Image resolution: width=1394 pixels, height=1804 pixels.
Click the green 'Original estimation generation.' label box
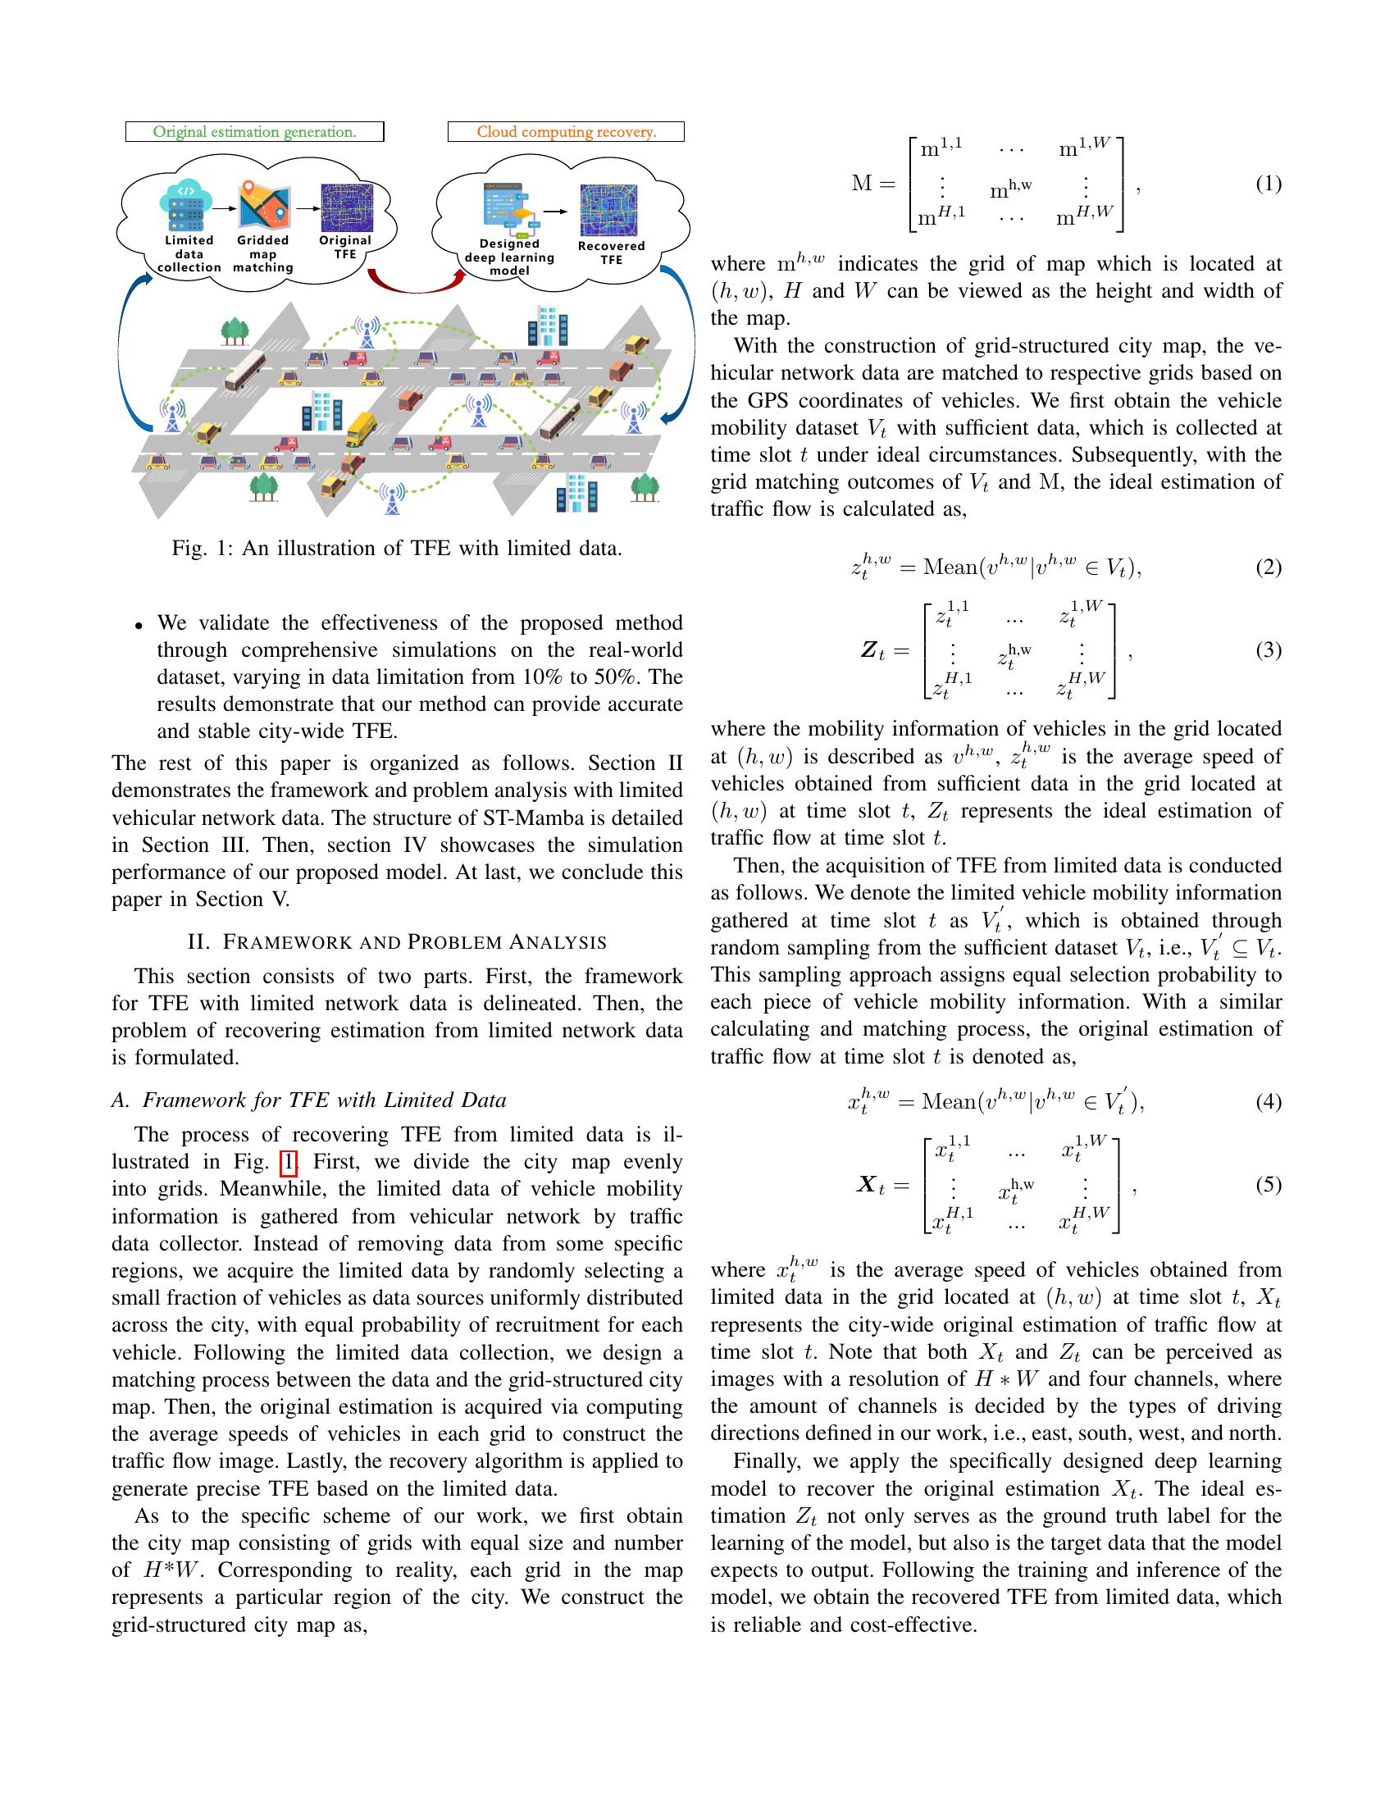[254, 132]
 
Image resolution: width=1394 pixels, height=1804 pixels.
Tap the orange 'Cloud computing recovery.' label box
[566, 132]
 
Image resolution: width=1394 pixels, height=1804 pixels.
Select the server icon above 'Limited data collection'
[186, 207]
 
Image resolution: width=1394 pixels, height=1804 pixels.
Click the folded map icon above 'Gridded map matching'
[264, 207]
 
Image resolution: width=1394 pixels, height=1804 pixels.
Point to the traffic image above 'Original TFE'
[347, 207]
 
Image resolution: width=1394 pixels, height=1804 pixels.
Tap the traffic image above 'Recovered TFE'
[608, 211]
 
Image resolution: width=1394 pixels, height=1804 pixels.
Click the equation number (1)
[1269, 184]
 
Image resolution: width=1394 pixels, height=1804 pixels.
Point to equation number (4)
[1269, 1102]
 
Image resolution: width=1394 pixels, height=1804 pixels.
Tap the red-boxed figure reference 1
[288, 1162]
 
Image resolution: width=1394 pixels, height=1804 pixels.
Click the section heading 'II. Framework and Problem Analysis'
[397, 941]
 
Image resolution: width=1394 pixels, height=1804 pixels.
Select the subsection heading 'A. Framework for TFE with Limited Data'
[309, 1100]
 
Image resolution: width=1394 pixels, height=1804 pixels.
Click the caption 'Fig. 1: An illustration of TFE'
[396, 549]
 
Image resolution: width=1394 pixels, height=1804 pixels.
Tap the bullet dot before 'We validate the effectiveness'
[139, 625]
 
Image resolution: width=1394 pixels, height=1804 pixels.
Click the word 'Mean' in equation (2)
[949, 567]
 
